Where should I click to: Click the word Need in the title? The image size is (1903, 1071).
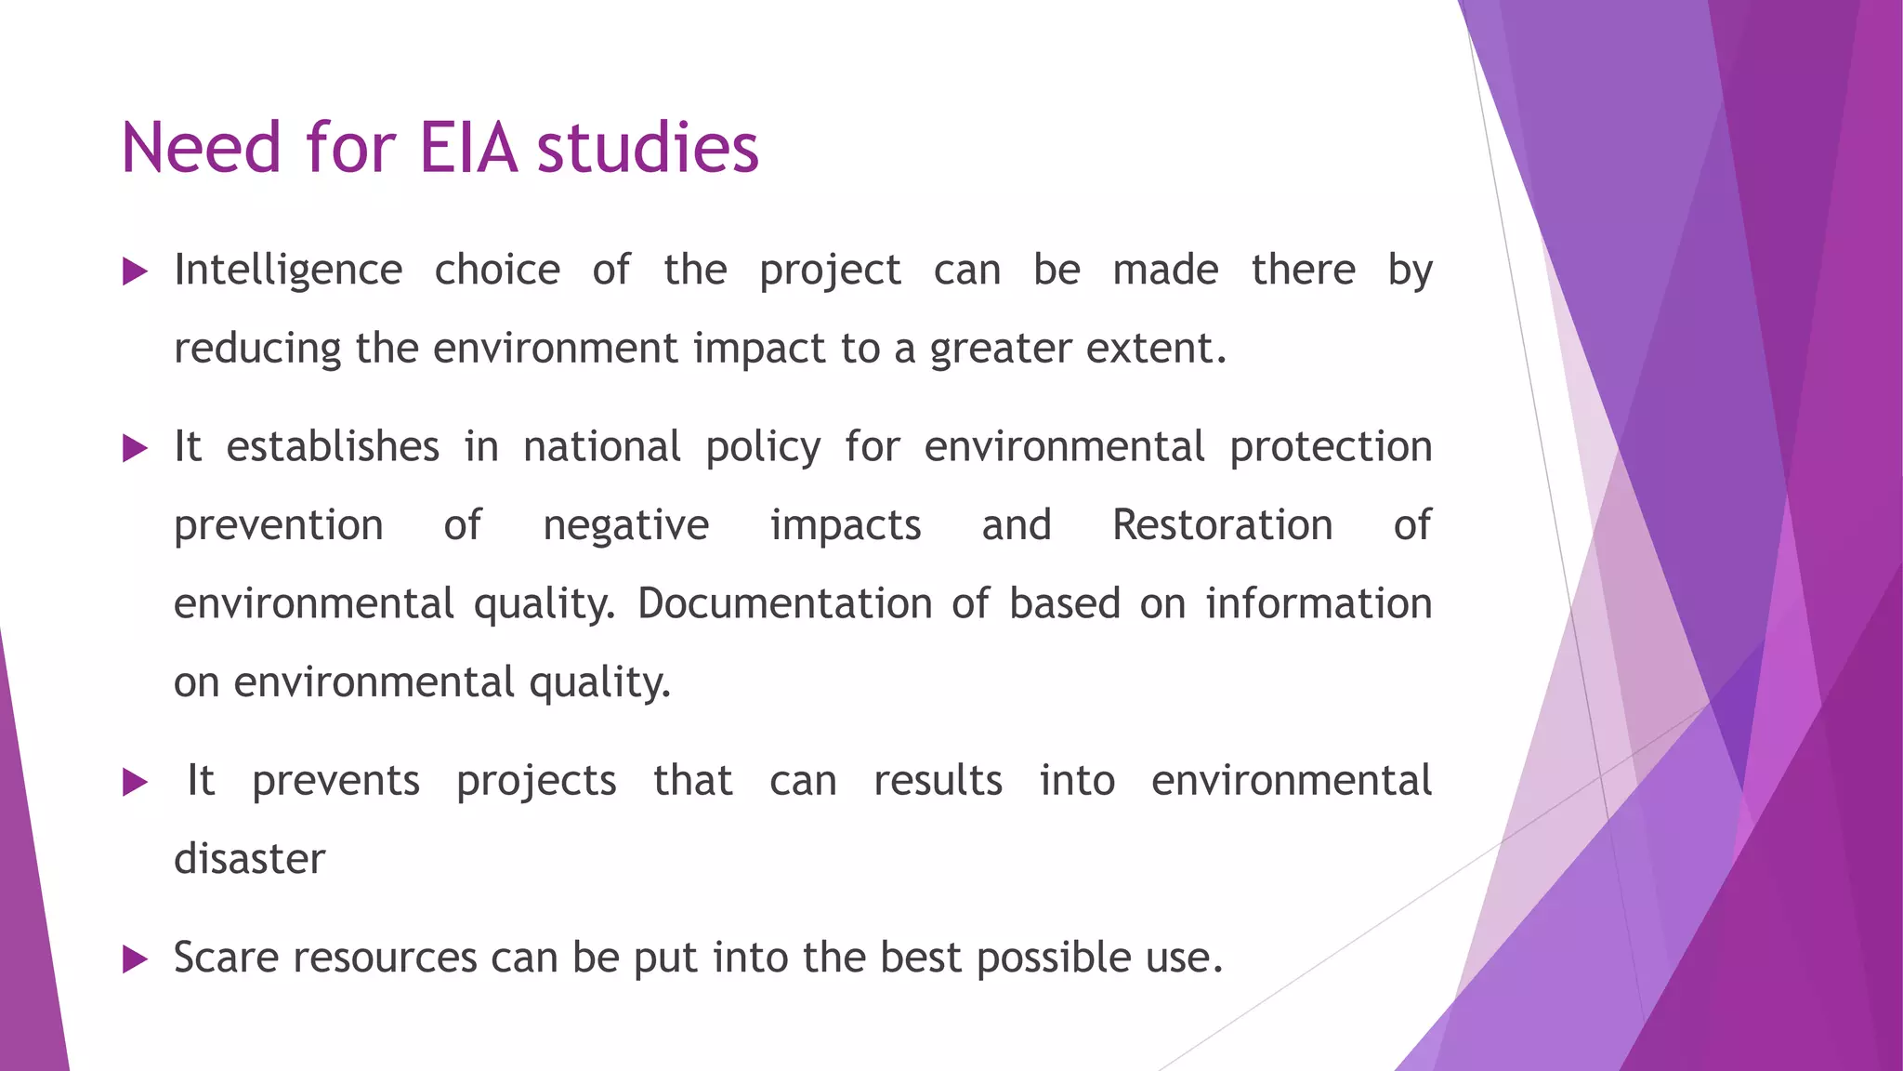click(x=201, y=148)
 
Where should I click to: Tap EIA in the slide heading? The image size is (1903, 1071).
click(x=467, y=148)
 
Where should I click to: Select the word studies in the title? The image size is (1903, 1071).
click(x=648, y=148)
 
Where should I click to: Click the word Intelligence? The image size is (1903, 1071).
click(x=288, y=271)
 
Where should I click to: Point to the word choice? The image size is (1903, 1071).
click(x=497, y=271)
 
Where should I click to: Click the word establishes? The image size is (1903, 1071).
click(x=333, y=447)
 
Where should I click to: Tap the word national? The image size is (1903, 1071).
click(x=602, y=447)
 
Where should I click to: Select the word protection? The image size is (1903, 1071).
click(x=1331, y=447)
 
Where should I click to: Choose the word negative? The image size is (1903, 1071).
click(x=625, y=526)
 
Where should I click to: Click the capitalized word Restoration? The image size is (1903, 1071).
click(x=1222, y=525)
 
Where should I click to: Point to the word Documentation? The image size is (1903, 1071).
click(x=784, y=604)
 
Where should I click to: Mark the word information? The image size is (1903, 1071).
click(x=1319, y=604)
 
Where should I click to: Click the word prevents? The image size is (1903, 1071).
click(x=335, y=781)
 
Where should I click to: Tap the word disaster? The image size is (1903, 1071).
click(x=250, y=859)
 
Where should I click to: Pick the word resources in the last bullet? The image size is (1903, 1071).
click(x=385, y=958)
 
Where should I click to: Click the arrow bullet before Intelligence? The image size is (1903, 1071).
click(x=136, y=272)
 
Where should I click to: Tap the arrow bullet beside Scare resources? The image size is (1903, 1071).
click(x=136, y=959)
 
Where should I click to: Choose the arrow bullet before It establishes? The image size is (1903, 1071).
click(x=136, y=449)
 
